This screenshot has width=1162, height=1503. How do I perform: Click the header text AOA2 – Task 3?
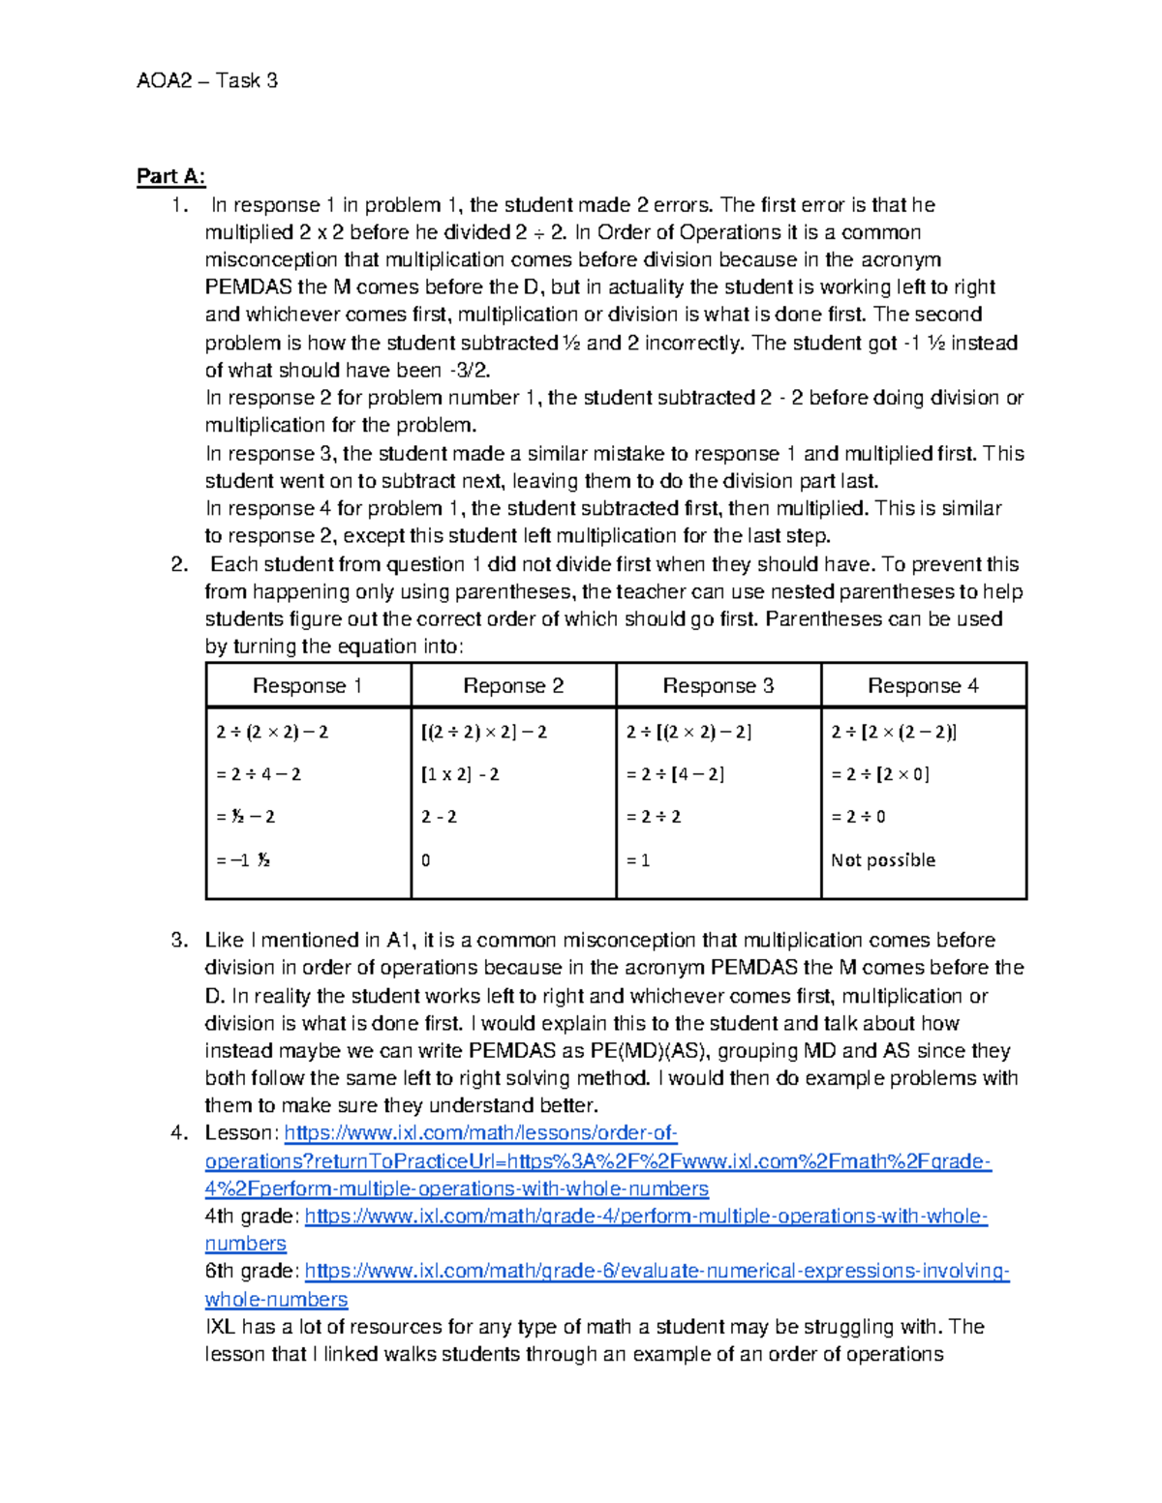tap(206, 81)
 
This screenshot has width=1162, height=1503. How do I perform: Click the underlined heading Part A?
tap(170, 176)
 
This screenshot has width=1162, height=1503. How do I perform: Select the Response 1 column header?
tap(307, 686)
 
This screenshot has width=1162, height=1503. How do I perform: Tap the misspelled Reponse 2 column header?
tap(512, 686)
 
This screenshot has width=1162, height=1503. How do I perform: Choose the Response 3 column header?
tap(718, 686)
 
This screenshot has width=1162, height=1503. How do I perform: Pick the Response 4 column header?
tap(922, 686)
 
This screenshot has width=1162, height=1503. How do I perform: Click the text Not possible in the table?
tap(882, 860)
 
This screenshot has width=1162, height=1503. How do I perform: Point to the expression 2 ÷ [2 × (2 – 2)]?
tap(893, 732)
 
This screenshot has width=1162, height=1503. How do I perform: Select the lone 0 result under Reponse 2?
tap(426, 860)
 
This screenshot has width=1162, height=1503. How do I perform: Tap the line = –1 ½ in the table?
tap(242, 860)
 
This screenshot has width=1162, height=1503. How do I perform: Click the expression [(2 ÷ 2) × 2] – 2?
tap(483, 732)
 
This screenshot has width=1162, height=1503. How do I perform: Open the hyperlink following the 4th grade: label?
tap(645, 1217)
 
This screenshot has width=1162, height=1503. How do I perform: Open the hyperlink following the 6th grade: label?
tap(657, 1272)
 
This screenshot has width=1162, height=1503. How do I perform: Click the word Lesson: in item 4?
tap(241, 1133)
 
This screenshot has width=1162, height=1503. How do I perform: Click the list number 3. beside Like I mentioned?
tap(178, 940)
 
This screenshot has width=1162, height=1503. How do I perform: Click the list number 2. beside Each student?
tap(178, 565)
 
